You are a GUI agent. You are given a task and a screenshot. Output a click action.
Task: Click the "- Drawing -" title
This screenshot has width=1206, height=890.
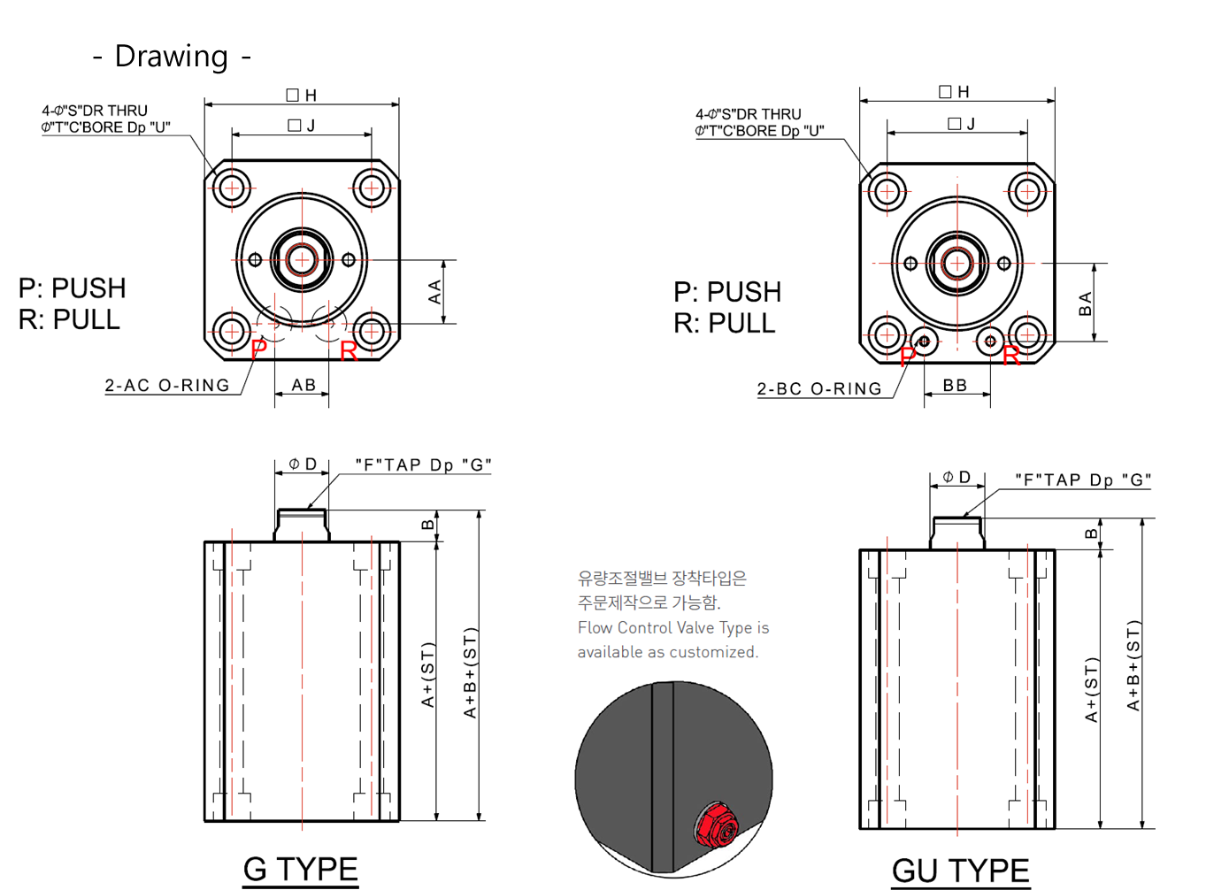[172, 57]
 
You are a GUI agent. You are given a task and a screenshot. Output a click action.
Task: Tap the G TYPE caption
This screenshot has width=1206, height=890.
[300, 869]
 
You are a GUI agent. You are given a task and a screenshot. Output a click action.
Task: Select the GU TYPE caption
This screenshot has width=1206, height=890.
[960, 871]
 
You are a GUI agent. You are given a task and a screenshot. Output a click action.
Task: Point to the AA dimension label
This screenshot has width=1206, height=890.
[434, 292]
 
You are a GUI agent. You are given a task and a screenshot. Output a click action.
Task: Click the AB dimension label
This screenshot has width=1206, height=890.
[303, 385]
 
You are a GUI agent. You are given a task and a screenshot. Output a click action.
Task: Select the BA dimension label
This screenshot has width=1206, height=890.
[1085, 303]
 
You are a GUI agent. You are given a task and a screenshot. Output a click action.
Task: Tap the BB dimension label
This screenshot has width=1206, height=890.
[955, 386]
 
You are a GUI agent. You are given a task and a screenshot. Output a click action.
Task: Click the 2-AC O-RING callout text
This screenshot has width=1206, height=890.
[167, 386]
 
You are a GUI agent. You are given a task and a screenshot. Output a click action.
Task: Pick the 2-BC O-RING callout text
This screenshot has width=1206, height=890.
[819, 388]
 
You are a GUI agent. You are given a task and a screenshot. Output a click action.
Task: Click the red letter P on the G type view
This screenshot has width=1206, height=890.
[259, 349]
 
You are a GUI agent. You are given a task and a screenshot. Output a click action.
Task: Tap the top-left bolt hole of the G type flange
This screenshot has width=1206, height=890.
[232, 188]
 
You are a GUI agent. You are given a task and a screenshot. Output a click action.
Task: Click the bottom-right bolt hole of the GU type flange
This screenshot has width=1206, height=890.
[1027, 334]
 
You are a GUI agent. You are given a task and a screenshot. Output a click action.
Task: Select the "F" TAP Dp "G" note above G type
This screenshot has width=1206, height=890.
[424, 464]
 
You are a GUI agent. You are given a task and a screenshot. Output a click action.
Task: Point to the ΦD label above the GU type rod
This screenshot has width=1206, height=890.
[956, 478]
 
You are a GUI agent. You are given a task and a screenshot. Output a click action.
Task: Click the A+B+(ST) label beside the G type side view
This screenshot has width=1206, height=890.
[470, 673]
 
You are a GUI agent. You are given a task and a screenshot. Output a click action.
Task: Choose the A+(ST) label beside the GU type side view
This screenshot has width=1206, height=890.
[1091, 689]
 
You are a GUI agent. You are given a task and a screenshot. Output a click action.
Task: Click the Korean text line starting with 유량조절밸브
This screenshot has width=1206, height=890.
[662, 578]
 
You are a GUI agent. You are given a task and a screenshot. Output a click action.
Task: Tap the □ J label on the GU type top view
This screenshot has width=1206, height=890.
[961, 124]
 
